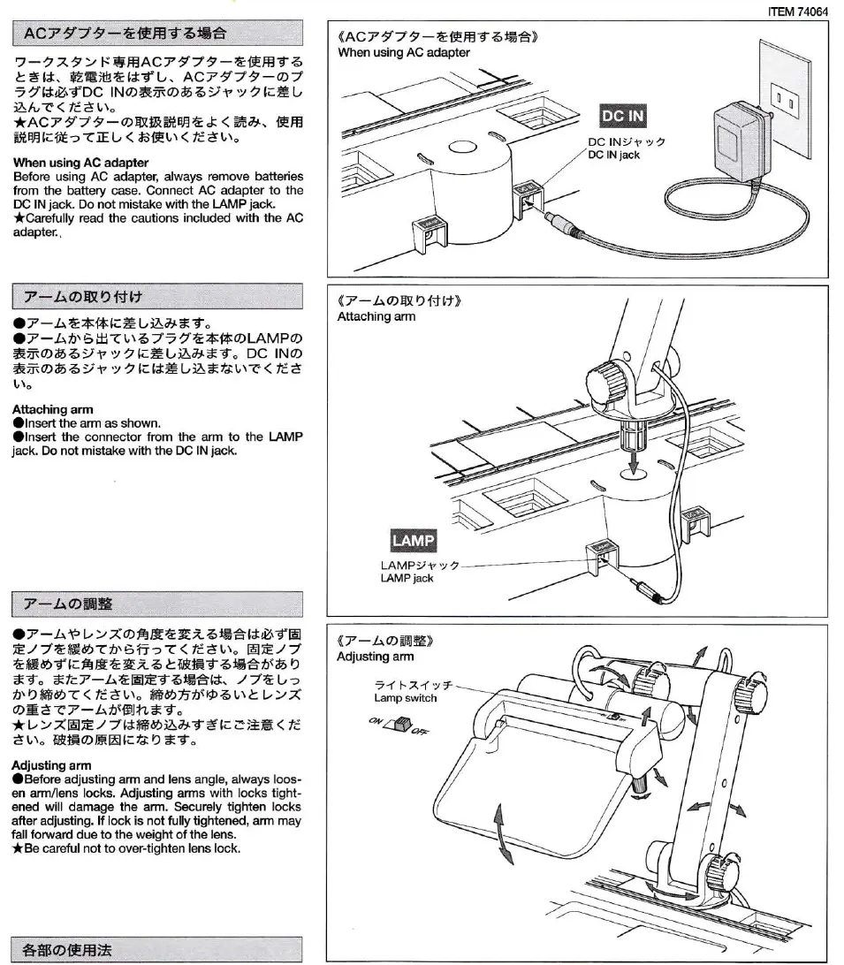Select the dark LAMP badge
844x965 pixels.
click(x=413, y=540)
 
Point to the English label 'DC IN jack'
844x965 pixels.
click(x=618, y=155)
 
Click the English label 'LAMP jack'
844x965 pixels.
click(x=407, y=578)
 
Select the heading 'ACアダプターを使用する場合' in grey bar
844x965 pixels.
click(x=125, y=34)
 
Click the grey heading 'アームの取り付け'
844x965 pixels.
click(x=83, y=295)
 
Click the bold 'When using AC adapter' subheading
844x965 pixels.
click(x=80, y=163)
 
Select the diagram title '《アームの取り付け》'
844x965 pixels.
click(x=397, y=301)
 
